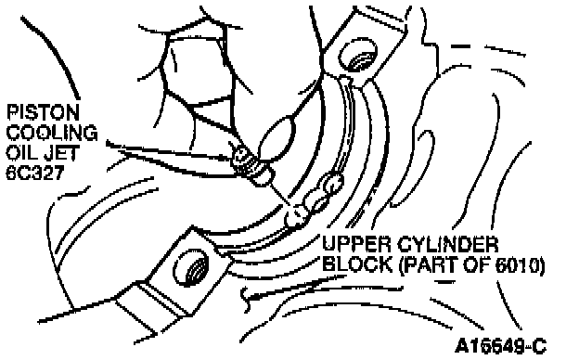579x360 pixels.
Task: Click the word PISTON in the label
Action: pos(43,112)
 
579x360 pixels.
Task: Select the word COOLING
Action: pos(52,133)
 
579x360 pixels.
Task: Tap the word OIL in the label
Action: pos(21,153)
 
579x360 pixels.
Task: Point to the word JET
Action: pos(60,153)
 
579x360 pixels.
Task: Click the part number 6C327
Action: pos(35,173)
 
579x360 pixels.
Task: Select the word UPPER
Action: pos(356,244)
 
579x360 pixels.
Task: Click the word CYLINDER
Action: pos(448,244)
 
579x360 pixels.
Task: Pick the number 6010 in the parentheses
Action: pos(518,264)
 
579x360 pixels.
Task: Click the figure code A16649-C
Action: pos(501,346)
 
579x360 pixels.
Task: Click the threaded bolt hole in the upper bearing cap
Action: pos(358,55)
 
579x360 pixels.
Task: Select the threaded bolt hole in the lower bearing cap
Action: pos(190,267)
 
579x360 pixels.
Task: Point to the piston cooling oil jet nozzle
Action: pos(252,166)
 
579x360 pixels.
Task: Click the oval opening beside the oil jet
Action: pos(277,138)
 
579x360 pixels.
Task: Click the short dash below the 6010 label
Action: pos(444,282)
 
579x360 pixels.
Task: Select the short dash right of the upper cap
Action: pos(460,46)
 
